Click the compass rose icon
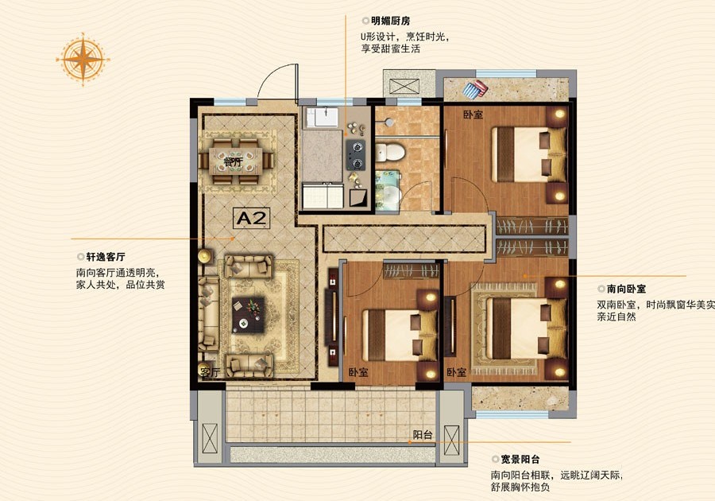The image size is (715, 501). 83,60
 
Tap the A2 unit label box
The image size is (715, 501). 251,218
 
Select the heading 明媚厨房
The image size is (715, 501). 390,21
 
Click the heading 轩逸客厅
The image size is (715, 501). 106,257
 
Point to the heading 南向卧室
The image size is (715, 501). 626,289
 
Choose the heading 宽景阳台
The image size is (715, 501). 520,460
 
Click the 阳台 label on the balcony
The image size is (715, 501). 423,434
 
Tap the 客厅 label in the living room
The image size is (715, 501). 210,372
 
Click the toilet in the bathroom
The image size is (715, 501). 390,153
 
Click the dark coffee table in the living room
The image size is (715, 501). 248,315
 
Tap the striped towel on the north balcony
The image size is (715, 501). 475,88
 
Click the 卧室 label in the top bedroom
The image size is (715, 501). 473,115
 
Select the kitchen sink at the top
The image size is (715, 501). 323,117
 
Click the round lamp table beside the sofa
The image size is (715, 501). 206,256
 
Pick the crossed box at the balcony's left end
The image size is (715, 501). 210,438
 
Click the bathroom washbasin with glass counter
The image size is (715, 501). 388,191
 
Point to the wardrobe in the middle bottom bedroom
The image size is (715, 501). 412,271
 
